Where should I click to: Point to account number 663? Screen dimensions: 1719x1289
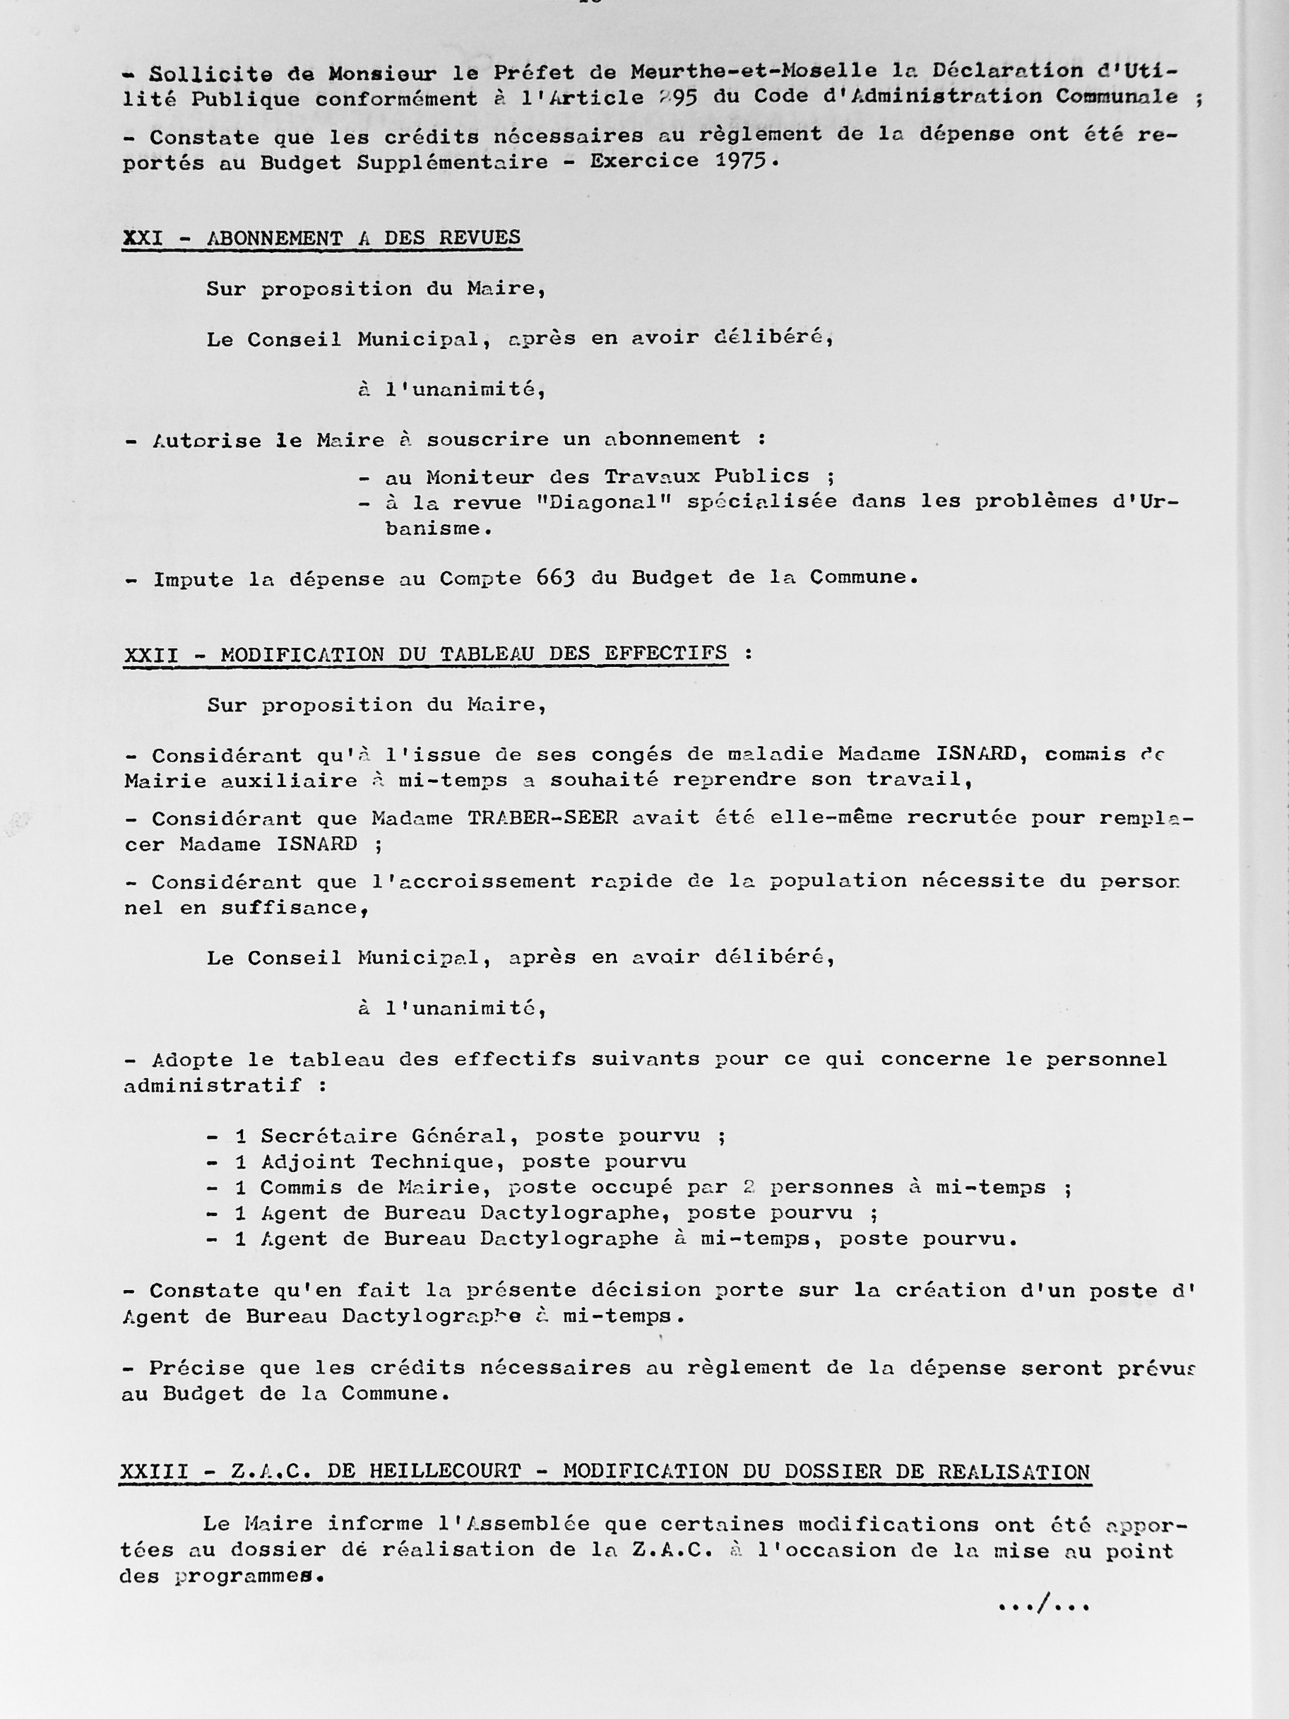[x=554, y=578]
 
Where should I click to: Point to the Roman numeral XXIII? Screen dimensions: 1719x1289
[x=154, y=1471]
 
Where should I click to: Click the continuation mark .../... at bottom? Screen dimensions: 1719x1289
[x=1043, y=1602]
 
